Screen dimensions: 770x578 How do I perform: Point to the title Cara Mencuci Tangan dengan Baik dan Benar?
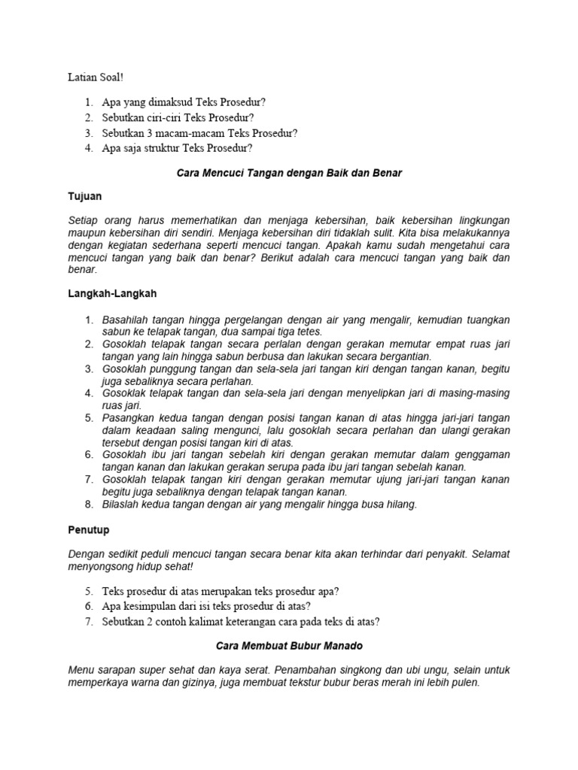point(289,173)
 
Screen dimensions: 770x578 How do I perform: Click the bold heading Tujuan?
point(84,196)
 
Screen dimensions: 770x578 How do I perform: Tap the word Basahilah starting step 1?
point(126,320)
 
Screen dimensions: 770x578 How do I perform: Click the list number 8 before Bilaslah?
point(88,505)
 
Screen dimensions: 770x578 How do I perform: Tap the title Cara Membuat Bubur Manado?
point(289,645)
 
